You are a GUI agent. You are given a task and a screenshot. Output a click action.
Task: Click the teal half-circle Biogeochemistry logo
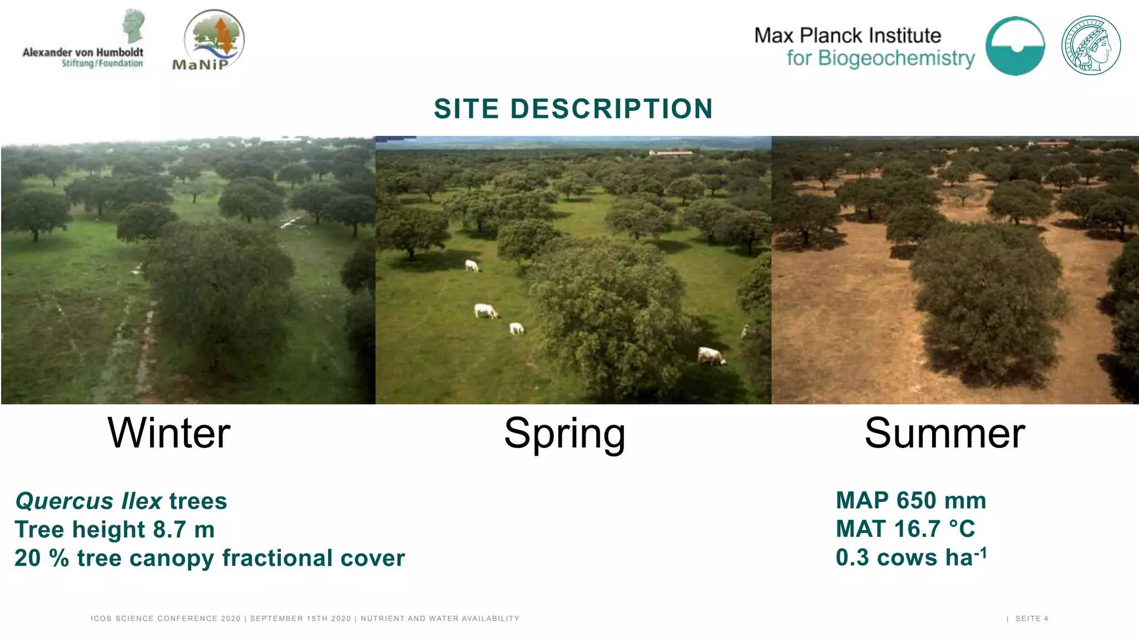coord(1015,46)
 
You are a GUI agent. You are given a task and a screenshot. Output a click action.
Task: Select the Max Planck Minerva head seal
coord(1091,46)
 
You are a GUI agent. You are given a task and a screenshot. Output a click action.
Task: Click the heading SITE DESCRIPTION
coord(573,109)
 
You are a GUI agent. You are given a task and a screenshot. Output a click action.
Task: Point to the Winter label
coord(169,433)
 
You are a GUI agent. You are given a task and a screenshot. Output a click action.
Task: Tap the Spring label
coord(564,434)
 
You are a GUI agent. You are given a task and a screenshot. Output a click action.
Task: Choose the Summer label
coord(945,433)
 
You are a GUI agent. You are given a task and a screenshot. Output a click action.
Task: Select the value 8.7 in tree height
coord(169,530)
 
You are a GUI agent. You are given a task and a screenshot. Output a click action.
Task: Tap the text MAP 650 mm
coord(911,501)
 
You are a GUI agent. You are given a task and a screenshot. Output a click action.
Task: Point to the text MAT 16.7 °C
coord(905,529)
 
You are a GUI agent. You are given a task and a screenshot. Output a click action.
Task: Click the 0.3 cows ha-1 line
coord(911,557)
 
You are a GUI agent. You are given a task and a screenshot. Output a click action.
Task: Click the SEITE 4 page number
coord(1032,619)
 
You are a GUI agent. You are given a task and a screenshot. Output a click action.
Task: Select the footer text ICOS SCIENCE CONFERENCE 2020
coord(166,619)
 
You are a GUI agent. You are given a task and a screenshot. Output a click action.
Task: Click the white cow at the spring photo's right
coord(711,356)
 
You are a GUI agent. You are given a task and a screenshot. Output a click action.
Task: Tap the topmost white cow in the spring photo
coord(472,266)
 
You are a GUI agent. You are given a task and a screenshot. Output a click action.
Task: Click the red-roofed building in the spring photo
coord(672,153)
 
